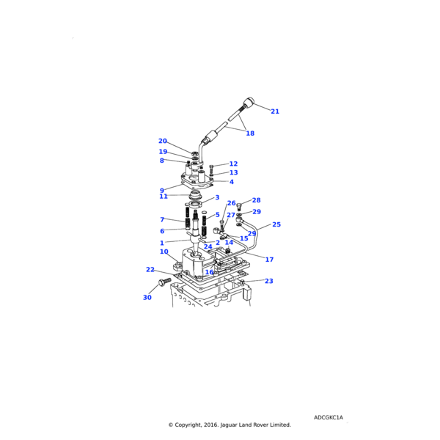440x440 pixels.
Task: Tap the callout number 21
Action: [275, 111]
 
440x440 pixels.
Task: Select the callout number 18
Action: [250, 133]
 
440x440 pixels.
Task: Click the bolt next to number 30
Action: [163, 282]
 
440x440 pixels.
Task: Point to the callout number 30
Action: [147, 298]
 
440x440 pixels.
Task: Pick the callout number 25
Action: [276, 224]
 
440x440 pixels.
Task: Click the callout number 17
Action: [269, 260]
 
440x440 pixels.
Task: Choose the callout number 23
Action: [269, 281]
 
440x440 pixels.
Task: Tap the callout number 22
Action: [150, 269]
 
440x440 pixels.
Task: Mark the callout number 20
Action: [163, 141]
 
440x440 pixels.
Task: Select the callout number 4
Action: [232, 182]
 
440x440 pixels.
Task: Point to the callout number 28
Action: [257, 200]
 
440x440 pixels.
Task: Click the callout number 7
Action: [162, 219]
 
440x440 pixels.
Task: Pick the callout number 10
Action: [164, 252]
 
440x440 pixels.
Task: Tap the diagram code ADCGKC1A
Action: [329, 417]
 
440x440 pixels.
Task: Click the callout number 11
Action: [164, 197]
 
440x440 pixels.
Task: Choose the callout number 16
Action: [209, 272]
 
